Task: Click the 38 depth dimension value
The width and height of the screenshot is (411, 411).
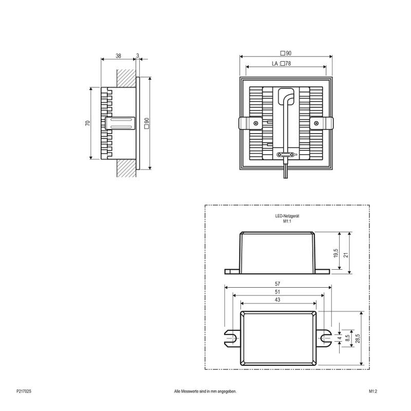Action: click(119, 56)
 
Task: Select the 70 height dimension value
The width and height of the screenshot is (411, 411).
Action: click(87, 123)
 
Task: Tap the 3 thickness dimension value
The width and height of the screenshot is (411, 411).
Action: click(138, 56)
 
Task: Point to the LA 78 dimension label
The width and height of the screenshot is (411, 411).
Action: click(281, 63)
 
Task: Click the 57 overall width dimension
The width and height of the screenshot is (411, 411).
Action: click(277, 284)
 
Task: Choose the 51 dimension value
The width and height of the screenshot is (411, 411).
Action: click(277, 292)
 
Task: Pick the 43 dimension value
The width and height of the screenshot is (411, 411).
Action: click(277, 300)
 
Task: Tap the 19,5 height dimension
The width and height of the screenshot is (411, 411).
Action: click(336, 253)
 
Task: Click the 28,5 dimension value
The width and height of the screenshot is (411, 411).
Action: click(358, 338)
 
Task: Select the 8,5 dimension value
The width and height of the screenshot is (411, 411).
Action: click(348, 338)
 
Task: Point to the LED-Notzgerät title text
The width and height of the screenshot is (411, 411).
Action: click(287, 216)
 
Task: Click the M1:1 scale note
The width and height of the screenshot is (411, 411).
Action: click(287, 221)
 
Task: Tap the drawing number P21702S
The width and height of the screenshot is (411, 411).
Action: click(24, 391)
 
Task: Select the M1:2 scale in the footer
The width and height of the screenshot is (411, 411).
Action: click(373, 391)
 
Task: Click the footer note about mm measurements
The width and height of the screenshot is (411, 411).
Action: click(205, 391)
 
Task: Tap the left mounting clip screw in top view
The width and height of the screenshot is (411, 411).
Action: click(255, 123)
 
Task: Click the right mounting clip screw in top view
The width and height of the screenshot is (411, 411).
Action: click(316, 123)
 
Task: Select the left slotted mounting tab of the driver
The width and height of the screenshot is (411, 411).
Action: click(232, 338)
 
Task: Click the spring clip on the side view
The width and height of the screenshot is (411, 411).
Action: click(120, 123)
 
